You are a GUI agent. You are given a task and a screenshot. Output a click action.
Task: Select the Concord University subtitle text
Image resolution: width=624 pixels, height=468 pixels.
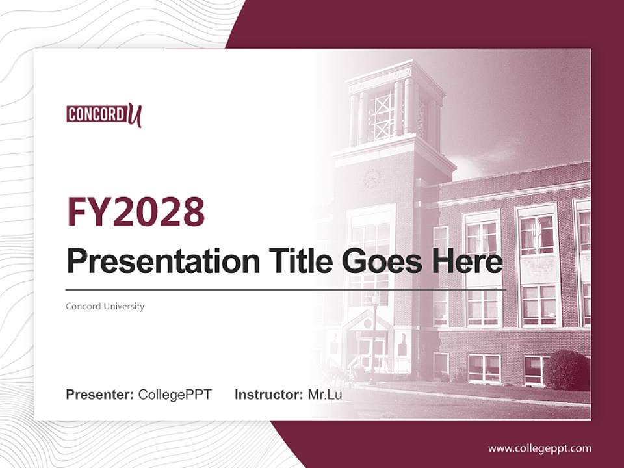tap(105, 306)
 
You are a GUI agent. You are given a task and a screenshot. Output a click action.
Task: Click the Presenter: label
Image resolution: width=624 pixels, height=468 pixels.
tap(99, 395)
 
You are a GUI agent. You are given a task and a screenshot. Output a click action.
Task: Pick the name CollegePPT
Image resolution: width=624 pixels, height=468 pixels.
tap(175, 395)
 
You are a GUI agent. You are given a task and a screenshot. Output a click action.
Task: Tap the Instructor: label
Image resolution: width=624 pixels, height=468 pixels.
tap(268, 395)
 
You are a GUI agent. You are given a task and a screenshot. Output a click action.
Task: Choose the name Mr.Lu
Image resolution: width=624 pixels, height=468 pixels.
tap(325, 395)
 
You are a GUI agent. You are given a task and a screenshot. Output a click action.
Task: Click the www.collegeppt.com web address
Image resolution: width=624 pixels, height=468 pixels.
tap(539, 448)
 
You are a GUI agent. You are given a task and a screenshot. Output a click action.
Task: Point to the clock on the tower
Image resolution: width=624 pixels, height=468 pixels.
tap(372, 177)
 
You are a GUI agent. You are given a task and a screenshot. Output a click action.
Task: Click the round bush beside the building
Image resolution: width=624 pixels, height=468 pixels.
tap(565, 369)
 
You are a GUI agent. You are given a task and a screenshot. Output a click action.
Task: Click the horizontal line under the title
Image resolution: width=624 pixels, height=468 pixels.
tap(286, 289)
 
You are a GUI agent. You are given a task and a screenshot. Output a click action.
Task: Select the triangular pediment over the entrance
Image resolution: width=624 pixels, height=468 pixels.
tap(368, 320)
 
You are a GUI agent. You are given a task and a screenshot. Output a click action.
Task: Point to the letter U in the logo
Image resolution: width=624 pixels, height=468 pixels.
tap(134, 115)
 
